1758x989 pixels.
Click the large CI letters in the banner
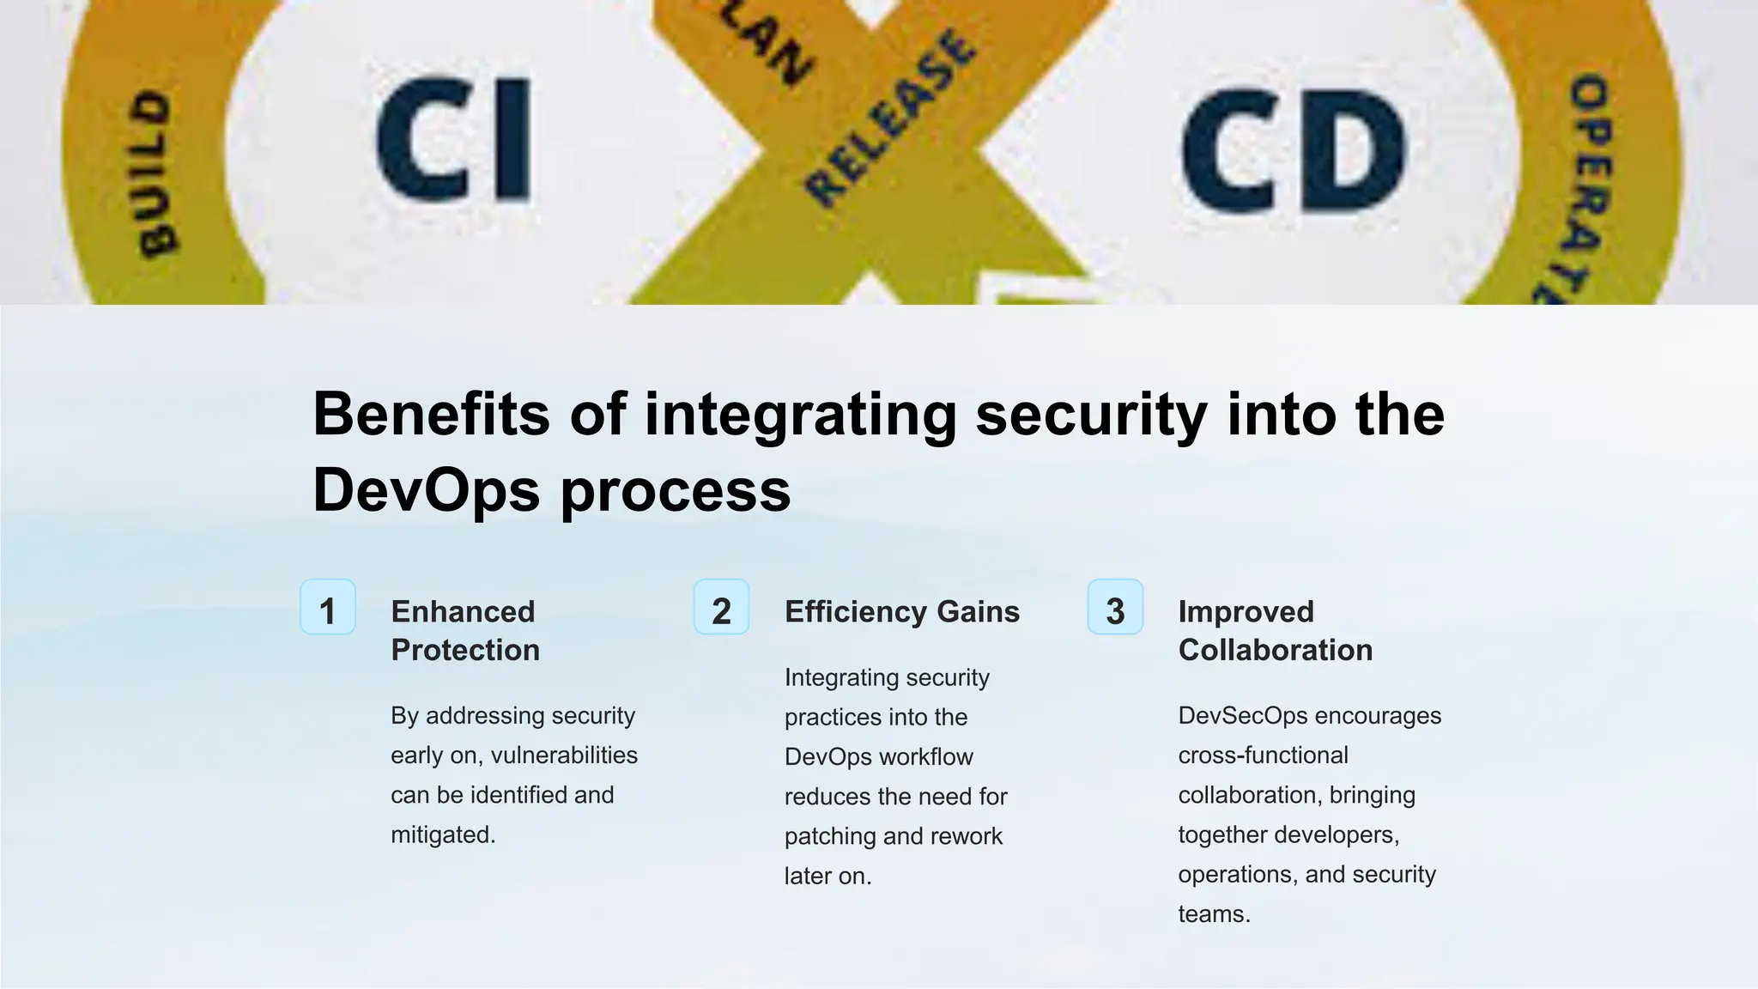pos(453,139)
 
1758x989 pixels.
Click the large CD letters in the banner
pos(1294,151)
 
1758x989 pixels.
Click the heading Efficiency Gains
pos(901,612)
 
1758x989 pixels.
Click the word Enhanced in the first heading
pos(463,612)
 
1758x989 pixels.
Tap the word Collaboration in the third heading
pos(1275,651)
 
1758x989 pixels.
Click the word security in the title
pos(1090,415)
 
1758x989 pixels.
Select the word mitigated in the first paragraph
pos(441,835)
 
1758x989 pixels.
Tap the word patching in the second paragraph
pos(825,837)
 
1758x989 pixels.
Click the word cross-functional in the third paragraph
pos(1263,755)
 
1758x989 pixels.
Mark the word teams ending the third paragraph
pos(1212,914)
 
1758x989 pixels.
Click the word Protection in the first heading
pos(465,651)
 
